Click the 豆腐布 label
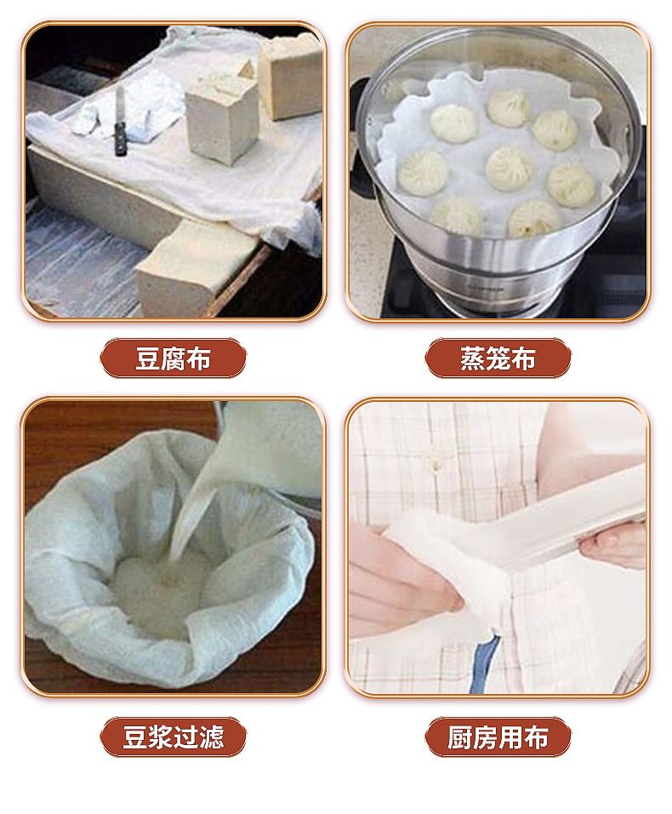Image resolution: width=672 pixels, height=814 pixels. coord(174,358)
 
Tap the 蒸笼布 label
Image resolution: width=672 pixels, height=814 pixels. coord(498,358)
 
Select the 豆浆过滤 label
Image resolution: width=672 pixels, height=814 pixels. coord(174,737)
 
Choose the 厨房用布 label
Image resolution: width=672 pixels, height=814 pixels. coord(498,737)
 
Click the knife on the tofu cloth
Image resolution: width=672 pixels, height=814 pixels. coord(120,122)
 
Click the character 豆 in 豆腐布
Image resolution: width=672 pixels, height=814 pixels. coord(148,358)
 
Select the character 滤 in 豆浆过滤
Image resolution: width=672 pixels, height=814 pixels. coord(211,737)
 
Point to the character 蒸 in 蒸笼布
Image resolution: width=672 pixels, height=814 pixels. coord(472,358)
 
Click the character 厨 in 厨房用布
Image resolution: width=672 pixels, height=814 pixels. coord(460,737)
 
